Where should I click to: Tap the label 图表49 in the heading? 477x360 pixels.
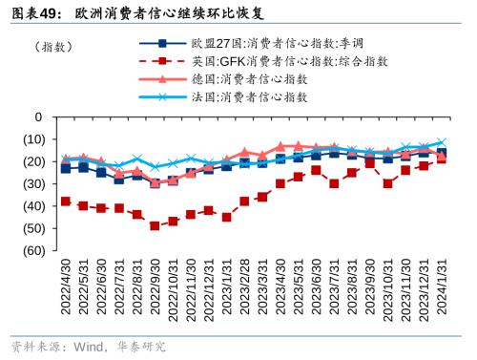coord(32,12)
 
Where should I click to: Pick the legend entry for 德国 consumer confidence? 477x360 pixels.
coord(249,78)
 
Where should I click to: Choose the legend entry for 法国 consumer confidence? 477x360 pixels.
coord(249,96)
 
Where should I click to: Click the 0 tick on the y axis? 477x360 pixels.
coord(38,116)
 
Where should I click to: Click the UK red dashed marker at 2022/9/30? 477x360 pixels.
coord(155,225)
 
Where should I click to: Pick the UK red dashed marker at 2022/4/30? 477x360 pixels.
coord(65,201)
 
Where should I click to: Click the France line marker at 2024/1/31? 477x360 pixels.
coord(441,142)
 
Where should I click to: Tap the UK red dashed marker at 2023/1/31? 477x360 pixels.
coord(226,217)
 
